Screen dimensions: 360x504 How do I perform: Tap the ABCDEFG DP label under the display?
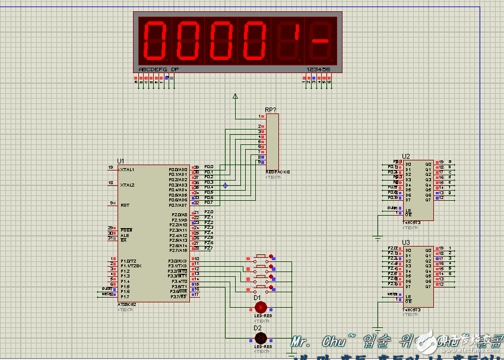click(x=159, y=70)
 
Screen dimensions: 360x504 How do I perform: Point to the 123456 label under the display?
click(x=318, y=70)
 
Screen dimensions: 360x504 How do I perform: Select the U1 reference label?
click(x=121, y=161)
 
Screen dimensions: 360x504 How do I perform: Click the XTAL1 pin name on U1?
click(x=127, y=169)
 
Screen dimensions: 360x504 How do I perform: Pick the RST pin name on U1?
click(x=125, y=205)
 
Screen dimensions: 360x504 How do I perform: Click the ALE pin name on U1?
click(x=124, y=235)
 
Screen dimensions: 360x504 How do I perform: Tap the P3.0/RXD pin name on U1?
click(x=178, y=261)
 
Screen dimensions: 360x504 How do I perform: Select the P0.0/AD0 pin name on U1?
click(x=178, y=170)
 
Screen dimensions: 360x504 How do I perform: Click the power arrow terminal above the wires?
click(x=235, y=95)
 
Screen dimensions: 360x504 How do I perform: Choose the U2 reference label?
click(x=406, y=156)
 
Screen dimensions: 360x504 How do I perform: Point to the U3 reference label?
click(x=406, y=242)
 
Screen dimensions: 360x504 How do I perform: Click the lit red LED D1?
click(x=260, y=307)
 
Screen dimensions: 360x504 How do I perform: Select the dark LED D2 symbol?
click(x=260, y=338)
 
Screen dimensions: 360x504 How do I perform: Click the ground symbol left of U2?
click(x=378, y=238)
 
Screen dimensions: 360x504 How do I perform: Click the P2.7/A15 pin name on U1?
click(x=178, y=250)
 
